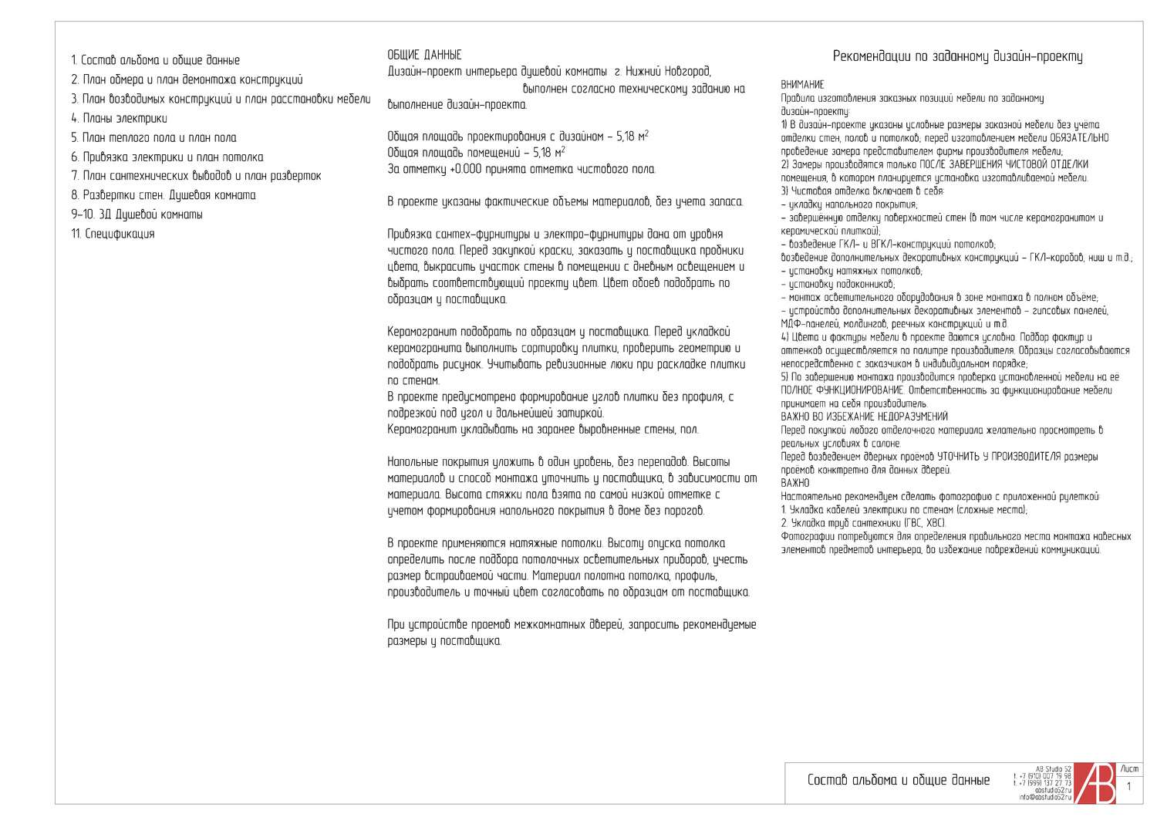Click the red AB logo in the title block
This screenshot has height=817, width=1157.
[1095, 783]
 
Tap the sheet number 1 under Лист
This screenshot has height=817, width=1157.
[1129, 787]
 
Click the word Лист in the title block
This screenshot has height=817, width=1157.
[1129, 769]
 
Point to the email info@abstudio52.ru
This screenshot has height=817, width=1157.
[1045, 797]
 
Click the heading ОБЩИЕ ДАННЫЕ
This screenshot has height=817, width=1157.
[424, 56]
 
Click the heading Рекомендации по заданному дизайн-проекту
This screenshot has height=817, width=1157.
[957, 56]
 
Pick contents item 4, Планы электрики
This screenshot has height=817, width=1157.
[120, 118]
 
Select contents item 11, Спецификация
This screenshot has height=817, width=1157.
[113, 234]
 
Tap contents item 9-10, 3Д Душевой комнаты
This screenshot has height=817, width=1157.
[137, 214]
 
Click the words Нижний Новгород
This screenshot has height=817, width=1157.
[668, 72]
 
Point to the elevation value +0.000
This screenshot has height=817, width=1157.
[469, 170]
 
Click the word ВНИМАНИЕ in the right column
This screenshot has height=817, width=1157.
[802, 85]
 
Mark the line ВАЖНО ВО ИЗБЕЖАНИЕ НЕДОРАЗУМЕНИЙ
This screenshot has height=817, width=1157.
[854, 417]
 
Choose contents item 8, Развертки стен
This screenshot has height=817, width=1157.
[164, 195]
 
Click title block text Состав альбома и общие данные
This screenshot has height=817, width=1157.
[899, 780]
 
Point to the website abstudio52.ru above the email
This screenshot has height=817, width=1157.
[1053, 790]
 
